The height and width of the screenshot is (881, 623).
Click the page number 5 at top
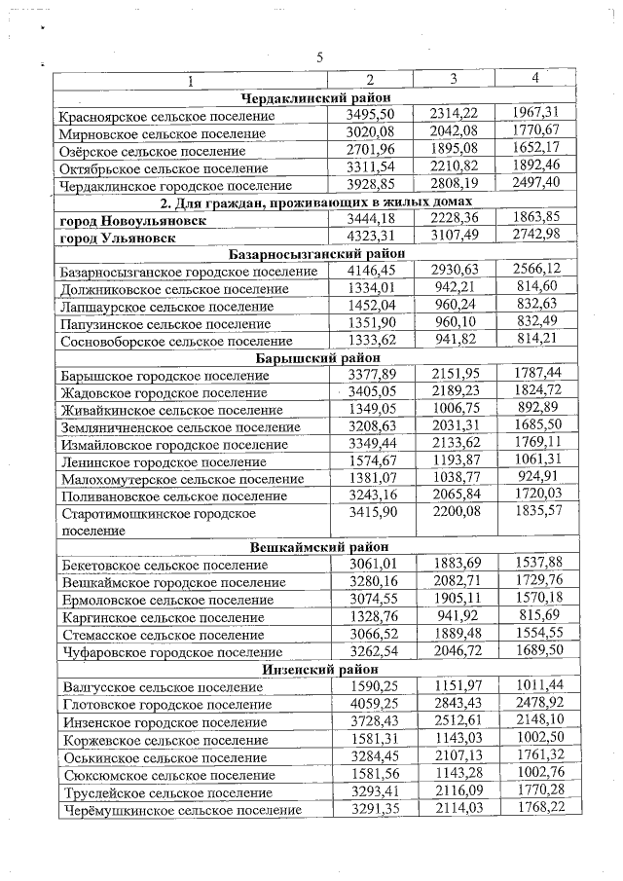click(320, 57)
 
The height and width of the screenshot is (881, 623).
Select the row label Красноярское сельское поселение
click(166, 117)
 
